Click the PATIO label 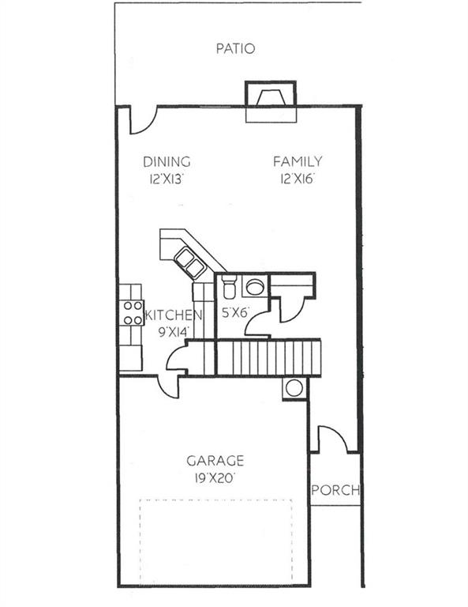(x=235, y=49)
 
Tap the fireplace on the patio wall (x=271, y=100)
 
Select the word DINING (x=167, y=162)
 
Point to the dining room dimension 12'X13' (x=167, y=179)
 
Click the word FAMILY (x=298, y=162)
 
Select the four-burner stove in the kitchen (x=132, y=313)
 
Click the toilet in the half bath (x=229, y=286)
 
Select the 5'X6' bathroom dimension (x=234, y=313)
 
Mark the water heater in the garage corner (x=294, y=388)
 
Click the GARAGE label (x=215, y=461)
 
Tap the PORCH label (x=335, y=490)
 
